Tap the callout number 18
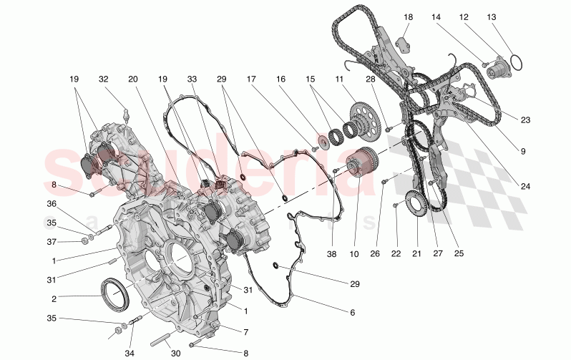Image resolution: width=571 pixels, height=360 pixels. pos(408,16)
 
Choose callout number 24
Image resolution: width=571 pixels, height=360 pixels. pos(525,186)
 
